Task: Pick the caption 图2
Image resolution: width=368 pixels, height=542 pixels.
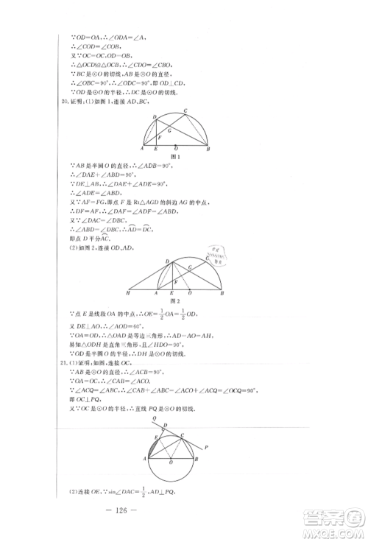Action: point(175,300)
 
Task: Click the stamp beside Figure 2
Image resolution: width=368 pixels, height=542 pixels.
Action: point(215,259)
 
